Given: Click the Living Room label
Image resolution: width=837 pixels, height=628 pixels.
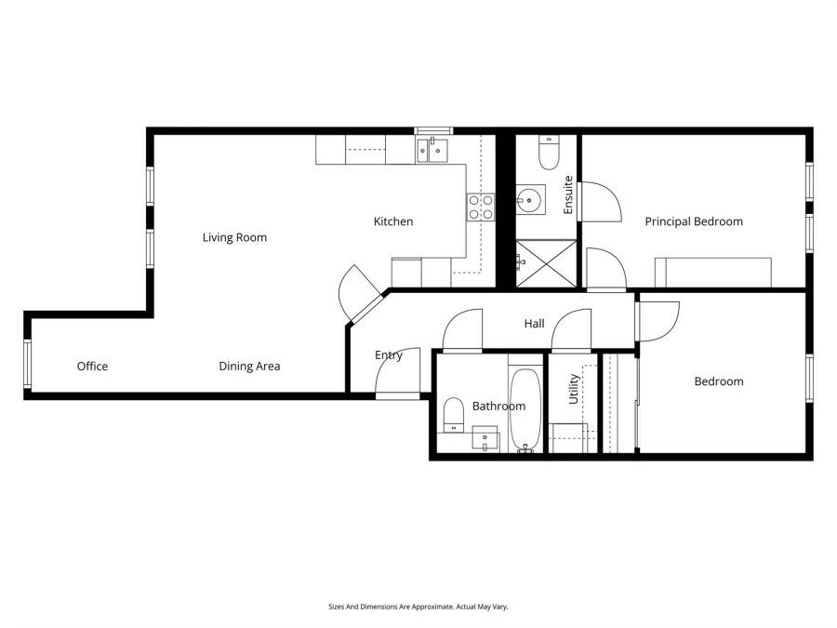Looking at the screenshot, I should tap(234, 237).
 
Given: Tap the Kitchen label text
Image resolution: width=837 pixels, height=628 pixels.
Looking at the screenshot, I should tap(392, 221).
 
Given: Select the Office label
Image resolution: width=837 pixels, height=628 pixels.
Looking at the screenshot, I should tap(92, 366).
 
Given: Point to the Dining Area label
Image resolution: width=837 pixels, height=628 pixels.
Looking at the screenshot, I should tap(249, 366).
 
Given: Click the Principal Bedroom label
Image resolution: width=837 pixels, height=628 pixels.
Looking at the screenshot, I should tap(694, 221).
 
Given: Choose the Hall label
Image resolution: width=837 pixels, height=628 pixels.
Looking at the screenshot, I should tap(534, 324).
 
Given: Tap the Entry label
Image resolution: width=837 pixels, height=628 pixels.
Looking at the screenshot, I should tap(388, 354).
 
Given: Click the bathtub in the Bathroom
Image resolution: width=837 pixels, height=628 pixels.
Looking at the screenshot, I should tap(525, 409).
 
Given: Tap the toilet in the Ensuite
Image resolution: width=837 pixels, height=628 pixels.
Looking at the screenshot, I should tap(548, 153).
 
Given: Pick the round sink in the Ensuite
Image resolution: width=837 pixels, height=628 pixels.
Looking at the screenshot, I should tap(531, 198).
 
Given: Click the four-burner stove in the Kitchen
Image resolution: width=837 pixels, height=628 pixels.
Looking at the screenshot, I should tap(480, 207).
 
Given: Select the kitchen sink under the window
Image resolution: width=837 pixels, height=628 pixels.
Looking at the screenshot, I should tap(432, 149).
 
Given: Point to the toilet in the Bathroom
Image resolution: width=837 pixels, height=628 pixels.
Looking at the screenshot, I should tap(453, 415).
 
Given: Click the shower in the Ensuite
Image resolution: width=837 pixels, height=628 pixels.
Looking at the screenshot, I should tap(546, 262).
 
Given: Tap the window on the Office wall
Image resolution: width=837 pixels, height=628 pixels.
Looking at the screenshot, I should tap(28, 364).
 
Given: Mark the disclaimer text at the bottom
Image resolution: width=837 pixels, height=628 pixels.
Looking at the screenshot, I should tap(418, 606).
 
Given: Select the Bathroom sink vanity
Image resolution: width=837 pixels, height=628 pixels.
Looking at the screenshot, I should tap(485, 438).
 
